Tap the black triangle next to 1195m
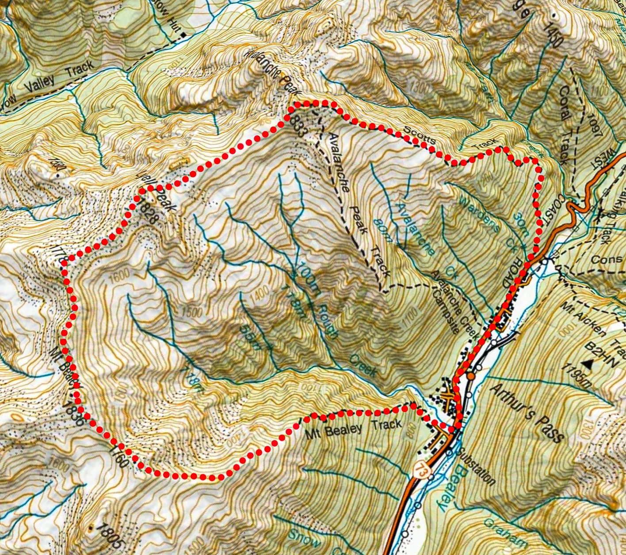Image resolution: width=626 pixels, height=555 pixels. (588, 364)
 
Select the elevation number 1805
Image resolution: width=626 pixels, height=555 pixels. (108, 535)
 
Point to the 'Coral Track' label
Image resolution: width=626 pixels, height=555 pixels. (565, 111)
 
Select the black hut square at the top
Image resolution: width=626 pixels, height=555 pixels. (183, 34)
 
